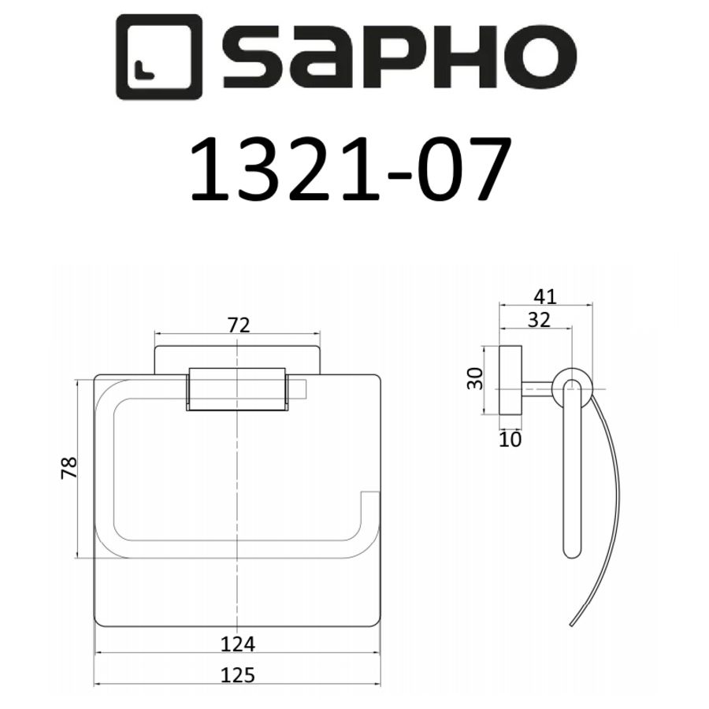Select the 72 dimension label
(x=238, y=324)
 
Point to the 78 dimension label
(x=69, y=467)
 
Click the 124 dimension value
(x=238, y=644)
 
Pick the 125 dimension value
(x=238, y=674)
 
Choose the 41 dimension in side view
(x=544, y=296)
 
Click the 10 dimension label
(x=510, y=440)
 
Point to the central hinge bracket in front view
(x=237, y=388)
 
